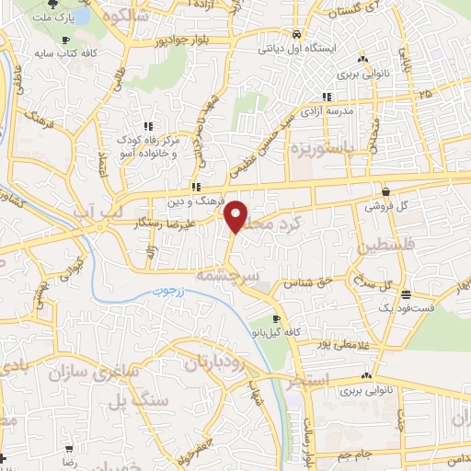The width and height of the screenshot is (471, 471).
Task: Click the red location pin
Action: (x=236, y=215)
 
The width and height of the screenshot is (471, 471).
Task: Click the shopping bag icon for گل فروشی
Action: (x=384, y=191)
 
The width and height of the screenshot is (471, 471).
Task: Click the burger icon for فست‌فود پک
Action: (x=406, y=293)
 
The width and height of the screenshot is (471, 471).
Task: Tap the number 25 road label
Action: (x=424, y=95)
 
